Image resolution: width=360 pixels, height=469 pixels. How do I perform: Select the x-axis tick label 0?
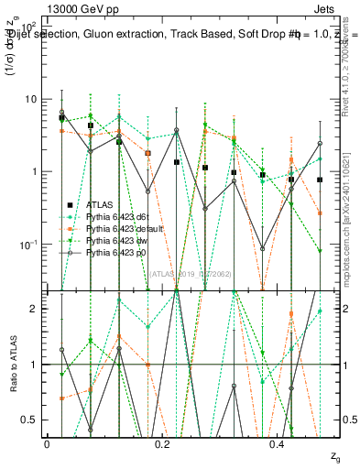47,442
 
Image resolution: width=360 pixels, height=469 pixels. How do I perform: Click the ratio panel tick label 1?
34,365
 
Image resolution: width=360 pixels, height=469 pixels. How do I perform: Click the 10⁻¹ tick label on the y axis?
28,245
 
